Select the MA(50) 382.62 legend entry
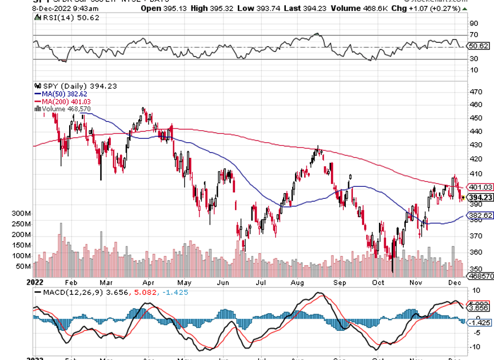(x=61, y=94)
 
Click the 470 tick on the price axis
(x=476, y=92)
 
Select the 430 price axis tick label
(x=476, y=145)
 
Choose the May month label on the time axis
(x=183, y=282)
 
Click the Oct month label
(x=377, y=282)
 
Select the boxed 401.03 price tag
(x=481, y=187)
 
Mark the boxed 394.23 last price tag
(x=481, y=197)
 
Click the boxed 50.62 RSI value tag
(x=478, y=46)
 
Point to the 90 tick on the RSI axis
(x=473, y=23)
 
